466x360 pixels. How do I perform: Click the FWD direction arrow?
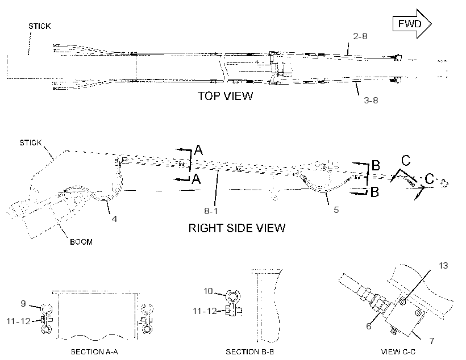pyautogui.click(x=412, y=24)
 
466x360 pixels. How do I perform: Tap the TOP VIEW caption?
pyautogui.click(x=225, y=96)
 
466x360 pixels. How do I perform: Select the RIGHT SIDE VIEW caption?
pyautogui.click(x=237, y=228)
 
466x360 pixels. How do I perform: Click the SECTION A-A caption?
pyautogui.click(x=94, y=352)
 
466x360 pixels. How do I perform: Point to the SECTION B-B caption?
pyautogui.click(x=249, y=352)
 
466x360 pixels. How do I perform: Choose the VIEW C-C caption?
pyautogui.click(x=398, y=352)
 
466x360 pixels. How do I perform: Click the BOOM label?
pyautogui.click(x=81, y=242)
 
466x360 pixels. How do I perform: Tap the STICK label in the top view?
pyautogui.click(x=40, y=26)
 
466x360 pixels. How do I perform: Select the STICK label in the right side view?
pyautogui.click(x=31, y=143)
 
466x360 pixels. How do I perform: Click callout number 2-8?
pyautogui.click(x=360, y=36)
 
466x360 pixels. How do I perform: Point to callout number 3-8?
pyautogui.click(x=371, y=101)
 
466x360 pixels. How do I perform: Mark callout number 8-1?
pyautogui.click(x=211, y=211)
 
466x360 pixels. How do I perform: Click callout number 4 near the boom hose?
pyautogui.click(x=114, y=219)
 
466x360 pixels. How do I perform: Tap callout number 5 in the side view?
pyautogui.click(x=336, y=210)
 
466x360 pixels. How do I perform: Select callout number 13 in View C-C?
pyautogui.click(x=443, y=266)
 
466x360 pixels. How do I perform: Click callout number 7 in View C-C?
pyautogui.click(x=432, y=341)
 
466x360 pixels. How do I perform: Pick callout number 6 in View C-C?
pyautogui.click(x=368, y=326)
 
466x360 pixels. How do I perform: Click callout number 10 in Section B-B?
pyautogui.click(x=208, y=291)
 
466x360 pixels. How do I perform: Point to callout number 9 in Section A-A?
pyautogui.click(x=23, y=304)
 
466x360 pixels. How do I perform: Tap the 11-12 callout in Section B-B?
pyautogui.click(x=205, y=311)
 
